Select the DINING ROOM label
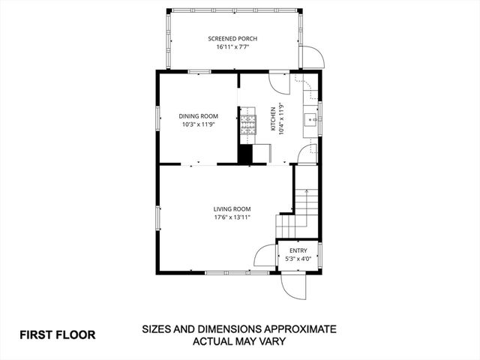click(x=198, y=115)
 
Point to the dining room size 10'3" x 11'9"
click(x=198, y=125)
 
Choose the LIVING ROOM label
click(x=232, y=208)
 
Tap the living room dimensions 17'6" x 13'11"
click(x=232, y=218)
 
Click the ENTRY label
click(x=298, y=250)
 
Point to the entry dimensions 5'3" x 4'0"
click(x=298, y=259)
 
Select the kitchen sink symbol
click(x=310, y=118)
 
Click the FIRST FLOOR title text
click(x=58, y=334)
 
